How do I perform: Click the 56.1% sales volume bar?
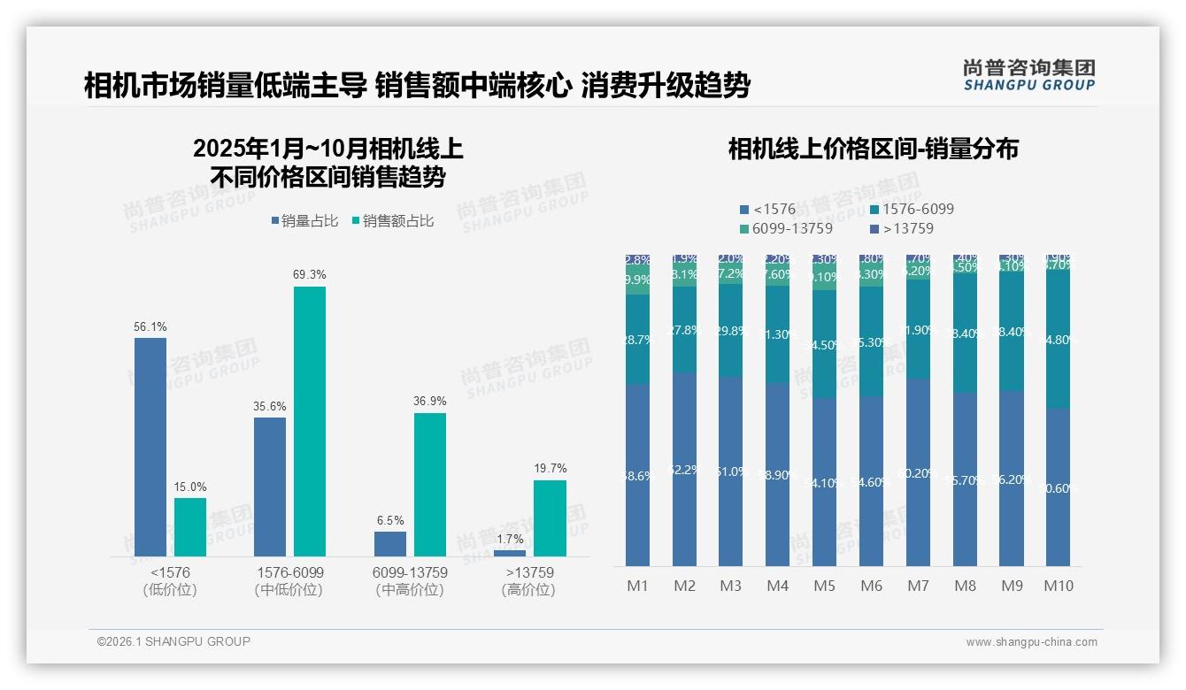[150, 447]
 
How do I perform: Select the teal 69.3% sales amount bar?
[310, 421]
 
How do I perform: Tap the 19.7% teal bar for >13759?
[550, 517]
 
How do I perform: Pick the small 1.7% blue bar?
[510, 553]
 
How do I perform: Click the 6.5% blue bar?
[390, 543]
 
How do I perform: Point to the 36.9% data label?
[430, 402]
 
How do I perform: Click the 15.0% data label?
[190, 487]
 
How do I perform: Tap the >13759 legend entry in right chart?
[902, 228]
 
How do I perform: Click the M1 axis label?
[637, 586]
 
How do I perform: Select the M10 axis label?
[1059, 586]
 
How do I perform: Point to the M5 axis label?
[824, 586]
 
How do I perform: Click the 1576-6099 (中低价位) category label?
[289, 581]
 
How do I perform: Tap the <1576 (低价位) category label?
[170, 581]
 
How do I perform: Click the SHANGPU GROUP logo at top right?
[1029, 75]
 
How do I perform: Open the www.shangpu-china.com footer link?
[1031, 642]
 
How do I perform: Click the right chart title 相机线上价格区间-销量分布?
[873, 149]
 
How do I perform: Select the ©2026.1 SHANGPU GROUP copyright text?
[173, 641]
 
